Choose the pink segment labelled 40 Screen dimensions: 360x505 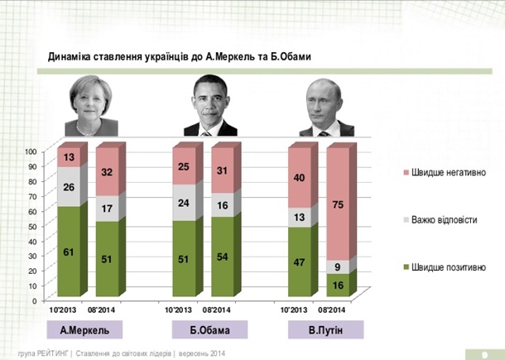(x=300, y=178)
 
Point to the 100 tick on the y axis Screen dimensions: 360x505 (x=31, y=151)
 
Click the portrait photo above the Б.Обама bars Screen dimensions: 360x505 (x=209, y=105)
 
